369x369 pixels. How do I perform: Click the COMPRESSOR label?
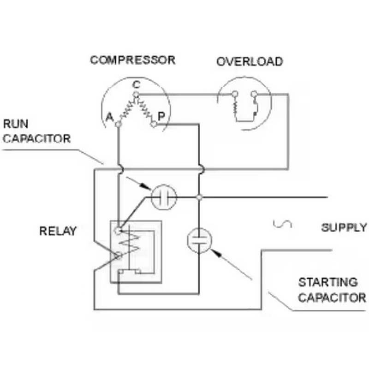click(132, 60)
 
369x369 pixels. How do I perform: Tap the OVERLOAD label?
click(249, 61)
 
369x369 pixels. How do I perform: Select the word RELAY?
click(58, 231)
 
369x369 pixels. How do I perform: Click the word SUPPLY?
click(344, 227)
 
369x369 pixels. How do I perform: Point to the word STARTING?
click(328, 282)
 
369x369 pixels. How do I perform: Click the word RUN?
click(16, 124)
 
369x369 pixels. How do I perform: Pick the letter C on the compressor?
click(136, 84)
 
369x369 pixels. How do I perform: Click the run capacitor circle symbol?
click(164, 197)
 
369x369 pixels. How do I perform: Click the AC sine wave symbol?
click(282, 224)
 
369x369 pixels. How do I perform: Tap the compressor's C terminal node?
click(136, 95)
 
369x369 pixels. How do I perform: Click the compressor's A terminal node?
click(119, 124)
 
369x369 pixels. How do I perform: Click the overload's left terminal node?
click(235, 95)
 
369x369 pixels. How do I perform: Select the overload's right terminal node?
click(254, 95)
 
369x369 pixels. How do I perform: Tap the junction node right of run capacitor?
click(199, 197)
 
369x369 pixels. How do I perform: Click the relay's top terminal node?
click(119, 230)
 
